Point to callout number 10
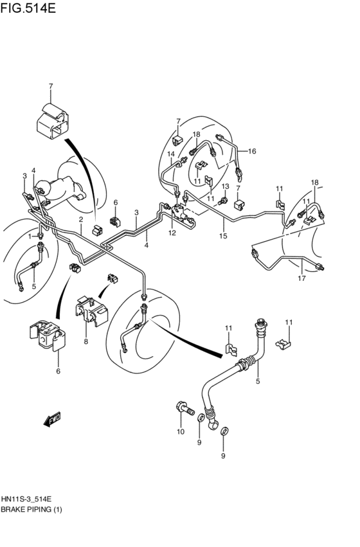tap(181, 431)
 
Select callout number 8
tap(85, 342)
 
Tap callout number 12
tap(172, 233)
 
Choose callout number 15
tap(224, 236)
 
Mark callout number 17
tap(301, 278)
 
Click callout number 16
tap(252, 152)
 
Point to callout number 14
tap(171, 154)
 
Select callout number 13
tap(225, 186)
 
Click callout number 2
tap(81, 220)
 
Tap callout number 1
tap(30, 237)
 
